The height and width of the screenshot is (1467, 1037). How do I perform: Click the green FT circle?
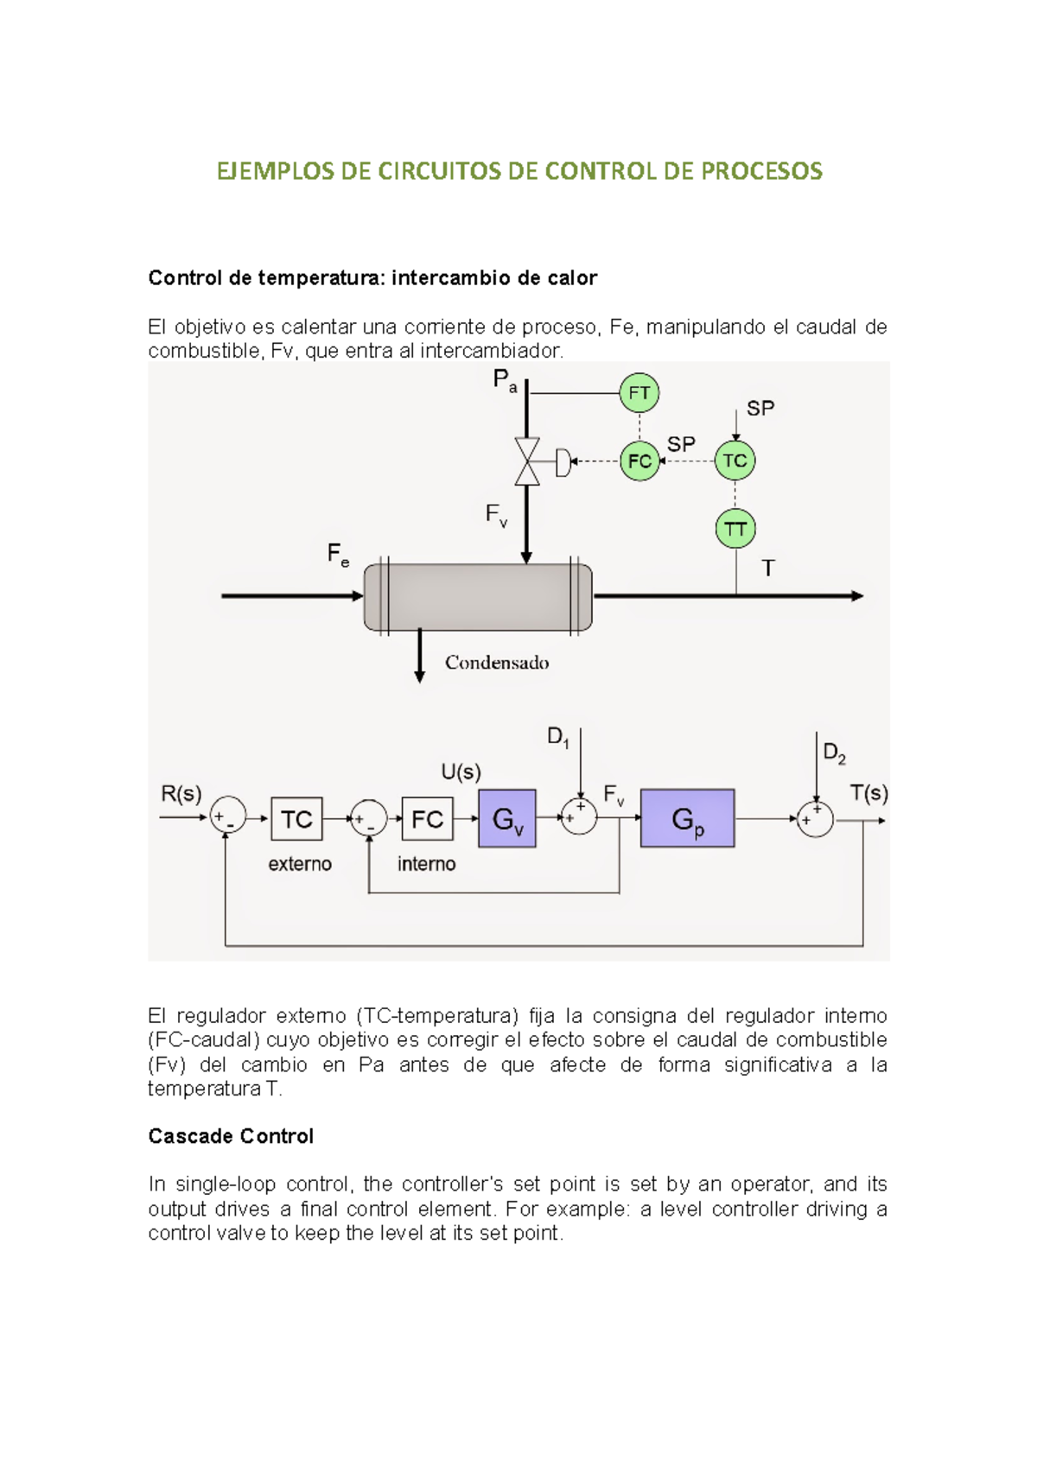tap(639, 393)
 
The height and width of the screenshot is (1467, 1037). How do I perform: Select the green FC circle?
tap(639, 461)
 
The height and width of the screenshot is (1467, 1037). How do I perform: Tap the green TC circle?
tap(735, 460)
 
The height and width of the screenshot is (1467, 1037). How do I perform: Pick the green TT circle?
tap(735, 529)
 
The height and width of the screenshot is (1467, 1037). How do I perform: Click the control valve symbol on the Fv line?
tap(527, 461)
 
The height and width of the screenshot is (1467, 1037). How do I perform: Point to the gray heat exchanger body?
tap(478, 597)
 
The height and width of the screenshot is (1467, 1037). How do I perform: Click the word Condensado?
tap(497, 663)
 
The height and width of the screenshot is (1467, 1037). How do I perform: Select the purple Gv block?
tap(507, 818)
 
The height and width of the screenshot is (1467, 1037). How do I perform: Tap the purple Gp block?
tap(687, 818)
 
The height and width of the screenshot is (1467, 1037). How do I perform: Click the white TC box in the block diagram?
tap(296, 819)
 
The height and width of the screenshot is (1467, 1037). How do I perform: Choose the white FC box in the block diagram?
tap(427, 819)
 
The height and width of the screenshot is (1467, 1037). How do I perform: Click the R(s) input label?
tap(181, 793)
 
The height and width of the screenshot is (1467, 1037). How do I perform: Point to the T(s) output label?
tap(868, 793)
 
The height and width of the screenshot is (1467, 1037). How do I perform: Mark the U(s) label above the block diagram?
tap(461, 772)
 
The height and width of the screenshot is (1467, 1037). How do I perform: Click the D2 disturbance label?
tap(834, 753)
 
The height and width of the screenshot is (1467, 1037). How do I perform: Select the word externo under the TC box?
tap(300, 864)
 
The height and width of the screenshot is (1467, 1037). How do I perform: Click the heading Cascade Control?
tap(231, 1136)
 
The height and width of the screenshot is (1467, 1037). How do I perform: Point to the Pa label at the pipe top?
tap(505, 380)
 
